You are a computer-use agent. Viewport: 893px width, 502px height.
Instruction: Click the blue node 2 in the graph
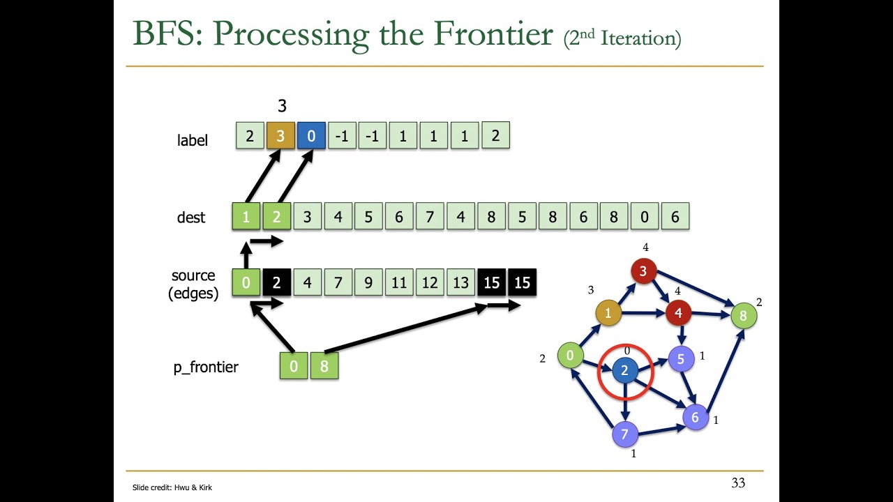pos(624,371)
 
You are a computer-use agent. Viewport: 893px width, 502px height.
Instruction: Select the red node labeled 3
pos(643,271)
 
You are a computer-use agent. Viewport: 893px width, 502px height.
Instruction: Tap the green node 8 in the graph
pos(743,316)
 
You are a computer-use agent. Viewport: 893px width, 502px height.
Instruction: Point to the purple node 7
pos(624,435)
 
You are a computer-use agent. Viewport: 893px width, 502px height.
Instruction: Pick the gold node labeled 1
pos(608,314)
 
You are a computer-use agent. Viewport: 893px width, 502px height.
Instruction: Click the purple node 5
pos(681,359)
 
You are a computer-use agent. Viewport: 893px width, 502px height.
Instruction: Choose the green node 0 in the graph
pos(570,356)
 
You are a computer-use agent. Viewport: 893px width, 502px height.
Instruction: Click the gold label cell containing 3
pos(280,137)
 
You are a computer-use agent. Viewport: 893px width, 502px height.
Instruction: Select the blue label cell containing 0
pos(311,137)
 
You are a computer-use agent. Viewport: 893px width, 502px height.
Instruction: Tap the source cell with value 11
pos(399,283)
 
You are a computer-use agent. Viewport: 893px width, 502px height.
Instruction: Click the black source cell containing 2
pos(276,283)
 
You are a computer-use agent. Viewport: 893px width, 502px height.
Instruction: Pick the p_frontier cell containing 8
pos(324,366)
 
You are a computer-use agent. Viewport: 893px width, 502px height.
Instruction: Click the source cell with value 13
pos(460,283)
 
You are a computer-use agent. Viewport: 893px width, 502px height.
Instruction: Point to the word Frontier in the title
pos(493,33)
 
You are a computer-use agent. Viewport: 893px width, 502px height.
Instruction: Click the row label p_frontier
pos(206,367)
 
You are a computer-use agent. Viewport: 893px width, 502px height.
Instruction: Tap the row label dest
pos(191,218)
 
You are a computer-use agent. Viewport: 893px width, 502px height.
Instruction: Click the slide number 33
pos(737,482)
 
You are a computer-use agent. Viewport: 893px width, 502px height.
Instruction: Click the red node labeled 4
pos(678,314)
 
